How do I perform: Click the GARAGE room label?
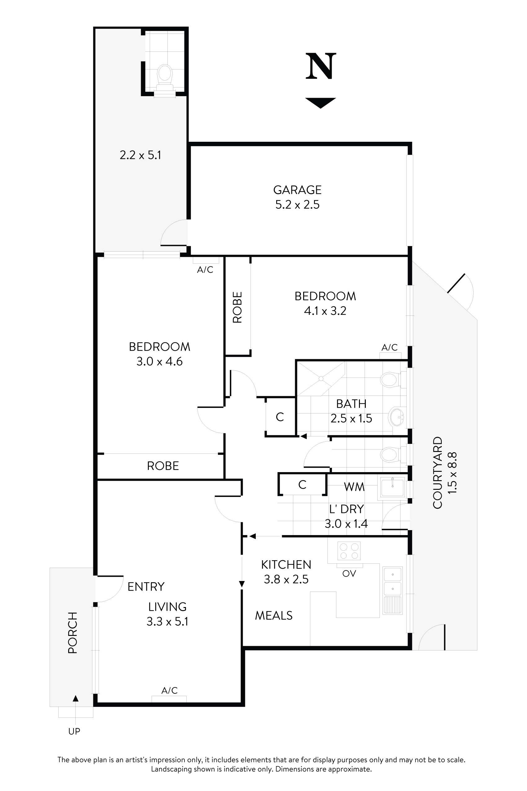pos(297,190)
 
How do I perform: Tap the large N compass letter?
pos(321,66)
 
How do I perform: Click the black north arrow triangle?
pos(320,102)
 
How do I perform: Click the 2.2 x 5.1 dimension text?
pos(140,155)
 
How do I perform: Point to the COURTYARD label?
pos(438,472)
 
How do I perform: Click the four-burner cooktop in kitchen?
pos(349,551)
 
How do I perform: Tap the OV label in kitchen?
pos(349,574)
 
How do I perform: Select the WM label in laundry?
pos(354,487)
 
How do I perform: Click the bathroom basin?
pos(396,417)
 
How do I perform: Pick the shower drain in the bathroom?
pos(321,379)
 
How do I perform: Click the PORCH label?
pos(73,632)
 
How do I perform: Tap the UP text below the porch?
pos(74,731)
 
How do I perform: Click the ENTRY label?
pos(146,587)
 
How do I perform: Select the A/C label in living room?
pos(169,690)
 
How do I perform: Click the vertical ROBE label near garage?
pos(237,307)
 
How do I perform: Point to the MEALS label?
pos(274,615)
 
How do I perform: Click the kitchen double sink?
pos(392,582)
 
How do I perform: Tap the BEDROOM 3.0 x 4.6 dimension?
pos(159,361)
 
